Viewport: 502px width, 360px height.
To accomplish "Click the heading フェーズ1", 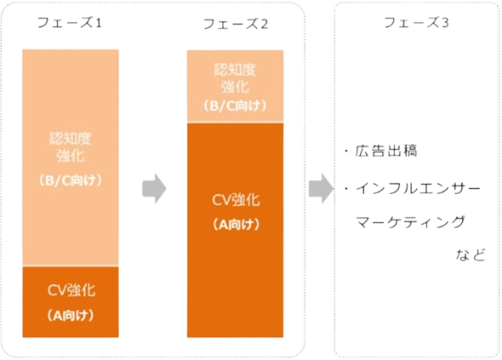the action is coord(70,23).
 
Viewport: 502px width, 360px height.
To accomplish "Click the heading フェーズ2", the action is coord(236,24).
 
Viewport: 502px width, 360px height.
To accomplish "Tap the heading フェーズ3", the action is coord(416,22).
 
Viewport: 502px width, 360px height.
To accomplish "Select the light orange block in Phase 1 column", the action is coord(71,157).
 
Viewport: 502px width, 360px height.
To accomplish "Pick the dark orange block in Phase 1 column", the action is coord(71,302).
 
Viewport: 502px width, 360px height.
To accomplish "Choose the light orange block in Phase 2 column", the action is coord(236,86).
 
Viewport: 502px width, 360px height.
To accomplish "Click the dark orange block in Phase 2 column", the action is coord(236,230).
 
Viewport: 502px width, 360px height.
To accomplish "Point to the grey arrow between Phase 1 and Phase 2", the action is coord(154,188).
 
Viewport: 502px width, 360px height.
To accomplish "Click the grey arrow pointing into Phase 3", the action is coord(321,188).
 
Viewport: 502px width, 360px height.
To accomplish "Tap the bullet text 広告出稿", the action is coord(386,151).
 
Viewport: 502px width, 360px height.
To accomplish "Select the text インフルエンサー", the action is coord(418,188).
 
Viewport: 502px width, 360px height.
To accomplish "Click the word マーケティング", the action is coord(410,222).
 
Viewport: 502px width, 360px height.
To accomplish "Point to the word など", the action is coord(471,255).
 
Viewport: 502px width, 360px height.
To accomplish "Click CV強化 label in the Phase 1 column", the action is coord(71,290).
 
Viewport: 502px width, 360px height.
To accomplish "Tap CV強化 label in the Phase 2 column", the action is coord(236,200).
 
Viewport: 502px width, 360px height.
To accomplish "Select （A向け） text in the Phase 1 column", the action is coord(71,316).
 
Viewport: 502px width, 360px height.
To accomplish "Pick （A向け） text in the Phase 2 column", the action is coord(236,225).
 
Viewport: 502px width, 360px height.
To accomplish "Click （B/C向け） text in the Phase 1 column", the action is coord(71,180).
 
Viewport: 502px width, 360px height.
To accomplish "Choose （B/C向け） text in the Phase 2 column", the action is coord(236,106).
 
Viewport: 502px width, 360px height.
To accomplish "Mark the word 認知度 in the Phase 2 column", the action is coord(235,70).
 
